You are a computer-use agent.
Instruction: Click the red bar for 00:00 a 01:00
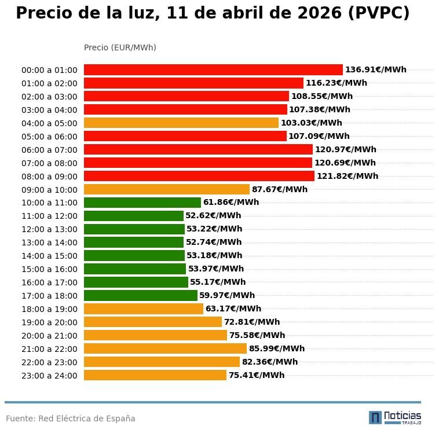pyautogui.click(x=213, y=70)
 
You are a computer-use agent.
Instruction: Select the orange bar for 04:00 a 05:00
pyautogui.click(x=181, y=123)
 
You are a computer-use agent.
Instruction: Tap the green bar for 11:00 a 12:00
pyautogui.click(x=134, y=216)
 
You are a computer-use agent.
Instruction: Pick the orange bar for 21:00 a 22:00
pyautogui.click(x=165, y=349)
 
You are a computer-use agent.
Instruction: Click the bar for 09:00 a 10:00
pyautogui.click(x=167, y=190)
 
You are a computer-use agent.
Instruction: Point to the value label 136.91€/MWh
pyautogui.click(x=375, y=70)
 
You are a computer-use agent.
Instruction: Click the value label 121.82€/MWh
pyautogui.click(x=347, y=177)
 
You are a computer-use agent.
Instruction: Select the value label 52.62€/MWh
pyautogui.click(x=213, y=216)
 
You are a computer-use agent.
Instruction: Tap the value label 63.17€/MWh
pyautogui.click(x=233, y=309)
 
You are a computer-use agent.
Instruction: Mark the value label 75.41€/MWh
pyautogui.click(x=256, y=376)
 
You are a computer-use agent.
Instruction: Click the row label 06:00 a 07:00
pyautogui.click(x=49, y=150)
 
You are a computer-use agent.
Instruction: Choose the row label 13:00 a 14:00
pyautogui.click(x=49, y=243)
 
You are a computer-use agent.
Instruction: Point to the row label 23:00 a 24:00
pyautogui.click(x=49, y=376)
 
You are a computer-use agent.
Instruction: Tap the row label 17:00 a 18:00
pyautogui.click(x=49, y=296)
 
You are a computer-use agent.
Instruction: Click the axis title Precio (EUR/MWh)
pyautogui.click(x=120, y=48)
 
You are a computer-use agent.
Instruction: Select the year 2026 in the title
pyautogui.click(x=317, y=14)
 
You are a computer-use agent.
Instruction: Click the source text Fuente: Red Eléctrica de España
pyautogui.click(x=71, y=419)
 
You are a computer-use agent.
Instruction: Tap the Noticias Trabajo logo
pyautogui.click(x=395, y=417)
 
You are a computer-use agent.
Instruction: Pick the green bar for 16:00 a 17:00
pyautogui.click(x=136, y=282)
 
